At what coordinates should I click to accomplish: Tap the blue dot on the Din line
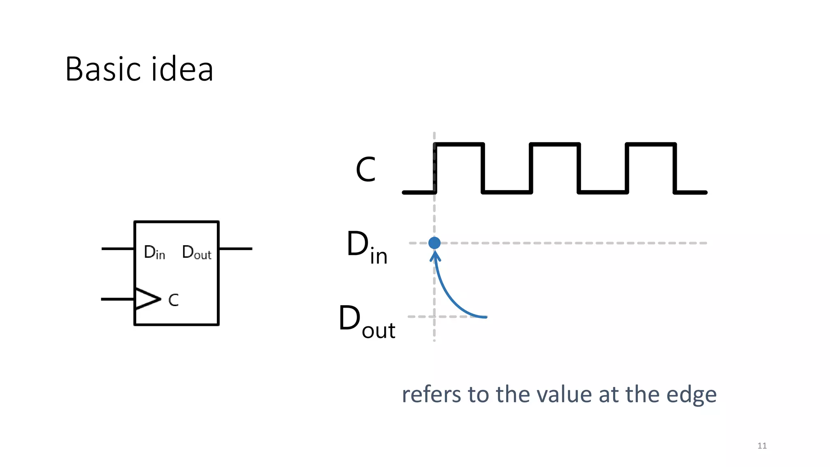click(x=434, y=243)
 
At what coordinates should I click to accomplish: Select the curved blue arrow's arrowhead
click(x=435, y=256)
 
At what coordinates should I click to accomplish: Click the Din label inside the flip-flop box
click(x=154, y=253)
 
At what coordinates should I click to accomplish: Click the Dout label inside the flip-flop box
click(x=197, y=253)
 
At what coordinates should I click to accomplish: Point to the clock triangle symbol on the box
click(x=146, y=299)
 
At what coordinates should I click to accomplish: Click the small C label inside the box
click(x=173, y=300)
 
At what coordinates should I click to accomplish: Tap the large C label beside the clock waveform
click(x=366, y=169)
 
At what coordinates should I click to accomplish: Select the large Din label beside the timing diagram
click(x=367, y=247)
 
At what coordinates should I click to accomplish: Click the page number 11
click(x=762, y=446)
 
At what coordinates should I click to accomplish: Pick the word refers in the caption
click(x=431, y=394)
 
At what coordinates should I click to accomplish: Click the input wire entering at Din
click(x=118, y=248)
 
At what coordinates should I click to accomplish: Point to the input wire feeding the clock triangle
click(x=118, y=299)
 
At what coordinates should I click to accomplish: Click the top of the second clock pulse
click(x=555, y=144)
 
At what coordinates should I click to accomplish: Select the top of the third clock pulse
click(x=651, y=144)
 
